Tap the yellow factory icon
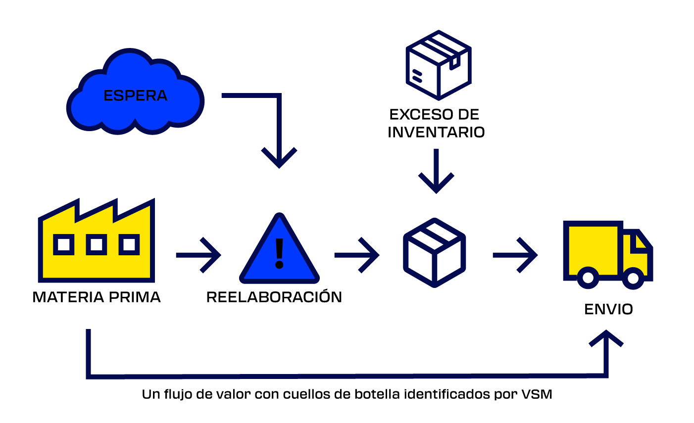(x=97, y=242)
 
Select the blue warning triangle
(x=279, y=252)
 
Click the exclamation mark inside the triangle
(x=279, y=253)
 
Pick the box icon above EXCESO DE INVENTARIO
(x=438, y=64)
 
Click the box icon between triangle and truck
(x=435, y=252)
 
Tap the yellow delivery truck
(x=606, y=255)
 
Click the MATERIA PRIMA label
(x=97, y=297)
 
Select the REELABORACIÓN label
(x=274, y=297)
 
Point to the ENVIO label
(x=608, y=310)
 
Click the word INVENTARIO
(x=436, y=133)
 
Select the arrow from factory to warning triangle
(x=198, y=255)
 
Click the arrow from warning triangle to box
(x=357, y=255)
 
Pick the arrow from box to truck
(x=515, y=255)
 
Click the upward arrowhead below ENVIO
(x=605, y=339)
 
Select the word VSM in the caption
(x=537, y=395)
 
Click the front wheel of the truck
(x=632, y=278)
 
